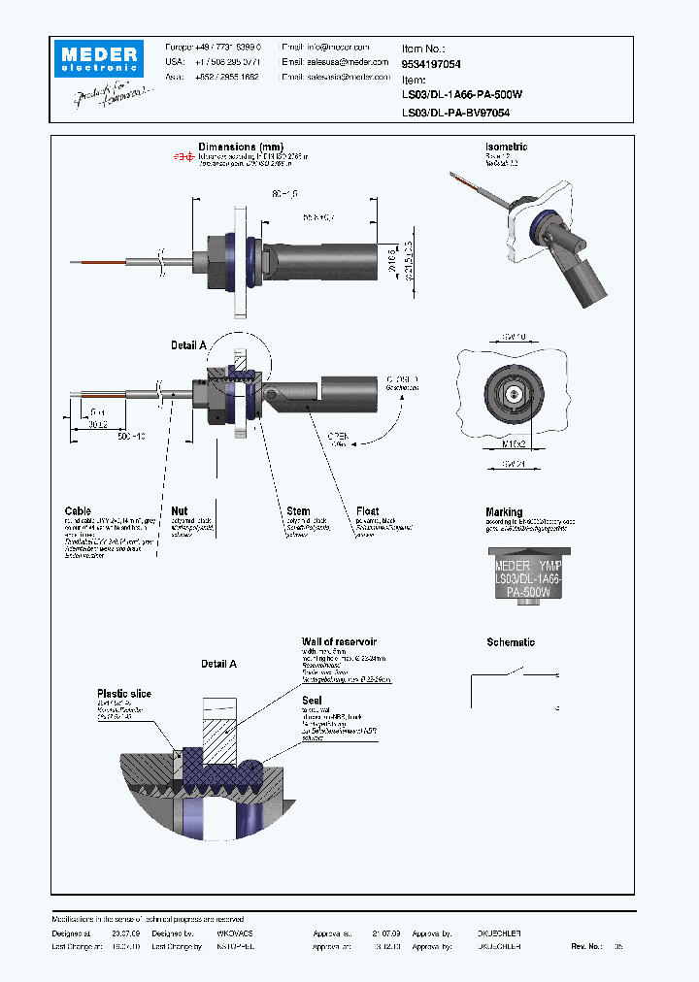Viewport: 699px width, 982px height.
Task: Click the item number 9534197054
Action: [x=431, y=63]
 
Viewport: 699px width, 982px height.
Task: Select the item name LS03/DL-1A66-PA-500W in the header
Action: [x=462, y=95]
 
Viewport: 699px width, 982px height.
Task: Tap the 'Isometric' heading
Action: [x=506, y=147]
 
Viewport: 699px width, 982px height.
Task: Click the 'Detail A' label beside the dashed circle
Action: [x=188, y=345]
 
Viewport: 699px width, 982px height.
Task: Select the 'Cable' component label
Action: [x=78, y=510]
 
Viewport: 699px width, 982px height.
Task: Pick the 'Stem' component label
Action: [x=298, y=510]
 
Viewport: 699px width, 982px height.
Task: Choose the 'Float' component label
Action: [x=368, y=510]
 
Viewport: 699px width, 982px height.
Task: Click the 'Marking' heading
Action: [x=504, y=511]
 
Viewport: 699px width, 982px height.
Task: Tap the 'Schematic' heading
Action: [x=510, y=642]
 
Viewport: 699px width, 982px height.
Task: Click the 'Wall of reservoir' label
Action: [x=339, y=642]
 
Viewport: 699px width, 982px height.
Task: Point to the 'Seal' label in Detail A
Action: [x=311, y=700]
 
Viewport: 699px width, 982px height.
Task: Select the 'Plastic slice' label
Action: [x=123, y=694]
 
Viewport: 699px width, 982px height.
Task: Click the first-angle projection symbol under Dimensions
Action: [x=183, y=156]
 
